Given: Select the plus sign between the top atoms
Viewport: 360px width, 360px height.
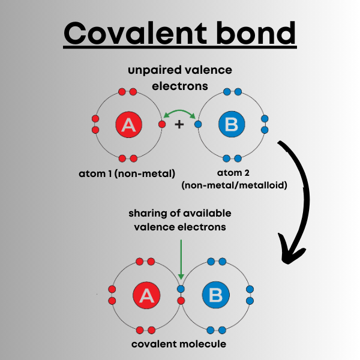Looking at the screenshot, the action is coord(179,125).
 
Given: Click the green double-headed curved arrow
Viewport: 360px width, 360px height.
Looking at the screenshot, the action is coord(179,113).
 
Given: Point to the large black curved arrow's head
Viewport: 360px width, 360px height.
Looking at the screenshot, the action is coord(287,256).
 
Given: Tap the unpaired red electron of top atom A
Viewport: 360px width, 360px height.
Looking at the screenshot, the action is coord(161,125).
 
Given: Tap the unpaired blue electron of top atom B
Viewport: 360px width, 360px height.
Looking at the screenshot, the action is coord(197,125).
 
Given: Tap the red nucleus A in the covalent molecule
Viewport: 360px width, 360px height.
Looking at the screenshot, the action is coord(146,295).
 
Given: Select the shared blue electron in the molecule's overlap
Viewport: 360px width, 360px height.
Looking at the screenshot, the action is coord(181,289).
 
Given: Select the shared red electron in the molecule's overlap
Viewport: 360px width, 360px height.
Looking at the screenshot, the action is coord(181,300).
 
